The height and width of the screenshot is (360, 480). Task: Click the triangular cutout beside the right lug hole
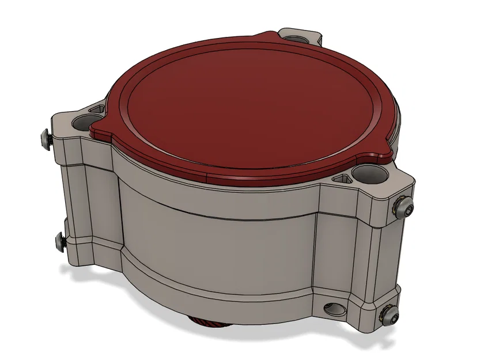pos(344,179)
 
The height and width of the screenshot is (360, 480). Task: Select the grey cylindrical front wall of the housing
pos(219,236)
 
